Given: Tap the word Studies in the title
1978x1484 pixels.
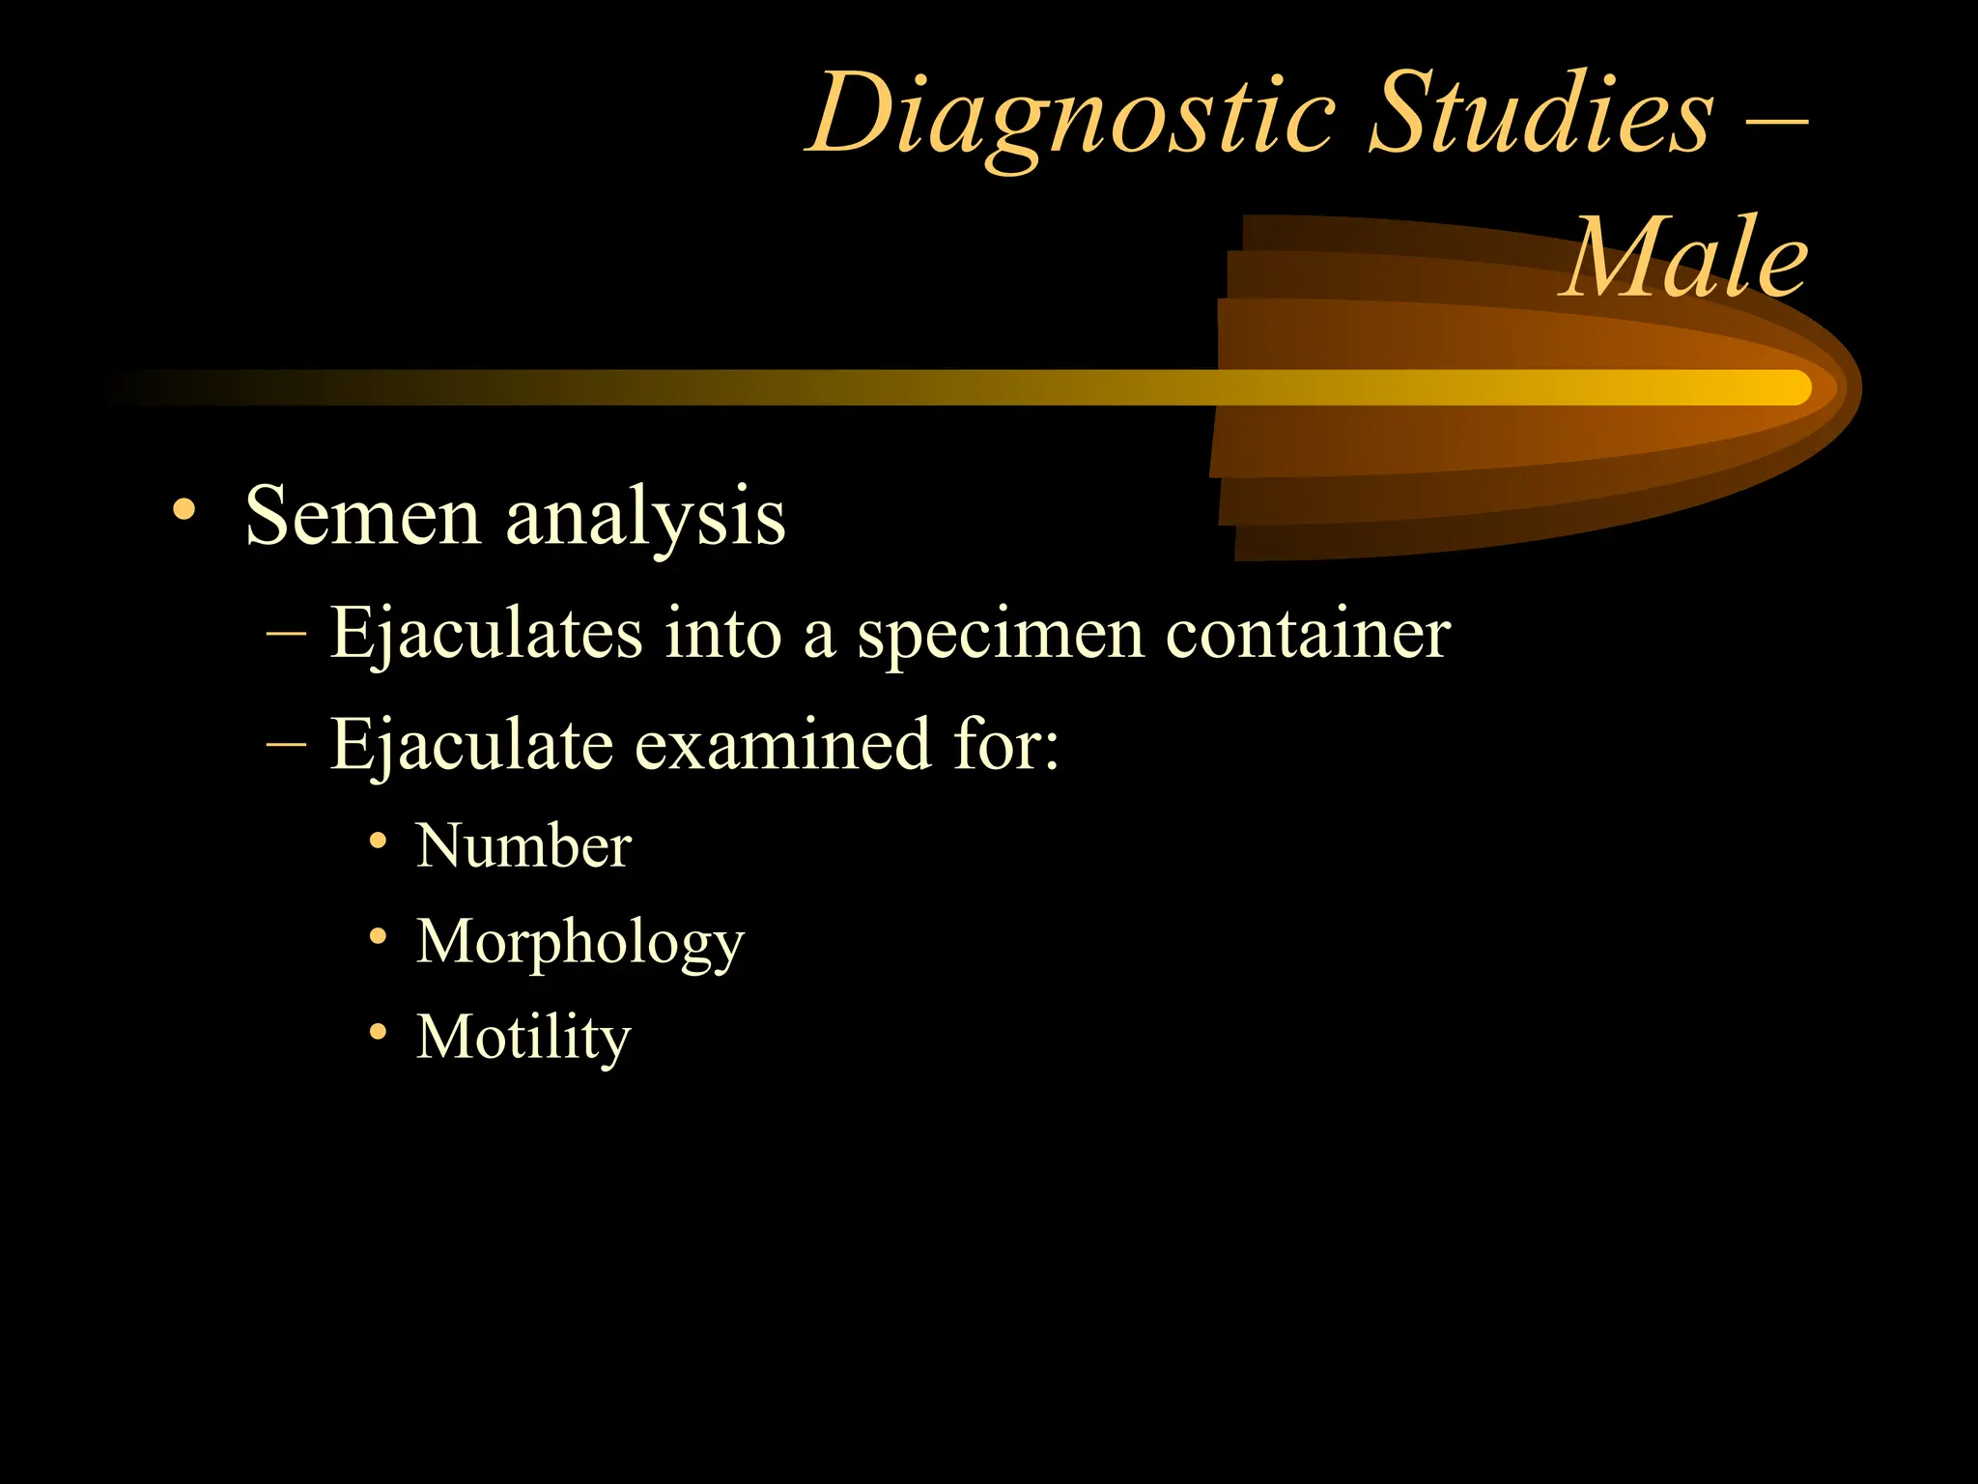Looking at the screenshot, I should [x=1541, y=114].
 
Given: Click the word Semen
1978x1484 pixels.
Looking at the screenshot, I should [x=362, y=516].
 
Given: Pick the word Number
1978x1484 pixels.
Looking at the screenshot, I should [x=523, y=846].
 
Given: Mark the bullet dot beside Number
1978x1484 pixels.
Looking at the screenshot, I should [x=379, y=841].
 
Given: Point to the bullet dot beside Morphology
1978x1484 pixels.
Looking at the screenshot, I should [x=379, y=936].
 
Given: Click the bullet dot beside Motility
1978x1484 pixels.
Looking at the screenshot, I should [x=379, y=1032].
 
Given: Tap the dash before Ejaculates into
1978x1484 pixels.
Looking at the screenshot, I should [x=286, y=635].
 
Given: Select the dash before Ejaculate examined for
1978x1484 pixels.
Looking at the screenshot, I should [x=286, y=745].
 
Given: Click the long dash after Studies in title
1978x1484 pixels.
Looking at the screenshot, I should [x=1777, y=123].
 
